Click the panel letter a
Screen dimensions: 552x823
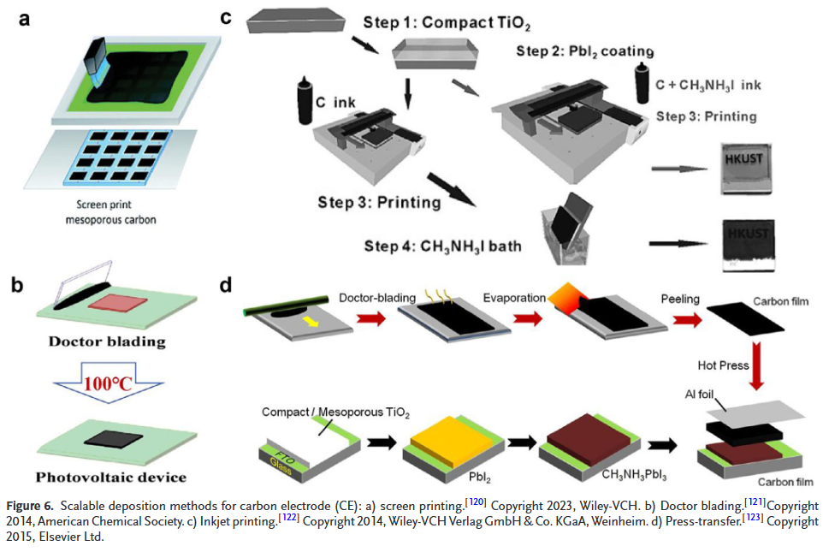[24, 18]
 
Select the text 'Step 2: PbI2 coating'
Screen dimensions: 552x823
[585, 51]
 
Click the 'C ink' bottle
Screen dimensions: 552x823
[305, 95]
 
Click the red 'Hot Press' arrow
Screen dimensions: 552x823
[755, 359]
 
